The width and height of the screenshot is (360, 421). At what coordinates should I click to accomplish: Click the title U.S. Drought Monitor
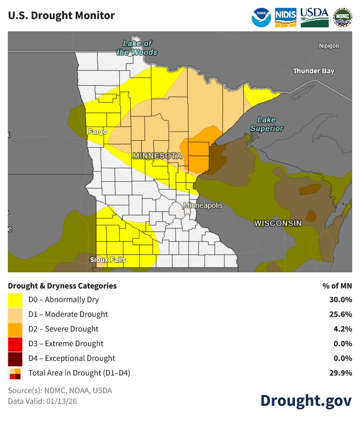pos(62,16)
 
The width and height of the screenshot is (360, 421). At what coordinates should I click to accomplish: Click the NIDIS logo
pos(286,16)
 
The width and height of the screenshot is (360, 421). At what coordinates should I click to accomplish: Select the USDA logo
pos(314,16)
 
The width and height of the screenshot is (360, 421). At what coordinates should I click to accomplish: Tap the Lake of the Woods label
pos(137,48)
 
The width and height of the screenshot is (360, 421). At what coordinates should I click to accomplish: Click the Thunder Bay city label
pos(313,71)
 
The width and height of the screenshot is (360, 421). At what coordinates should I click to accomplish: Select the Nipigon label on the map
pos(329,46)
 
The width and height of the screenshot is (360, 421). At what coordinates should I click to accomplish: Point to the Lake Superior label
pos(267,124)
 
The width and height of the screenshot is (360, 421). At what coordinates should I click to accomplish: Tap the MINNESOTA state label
pos(157,156)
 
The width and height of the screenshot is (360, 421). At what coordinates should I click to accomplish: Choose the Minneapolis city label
pos(203,206)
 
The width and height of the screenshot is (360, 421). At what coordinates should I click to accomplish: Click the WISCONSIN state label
pos(278,223)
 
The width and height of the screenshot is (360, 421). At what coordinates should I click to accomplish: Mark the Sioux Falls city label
pos(108,260)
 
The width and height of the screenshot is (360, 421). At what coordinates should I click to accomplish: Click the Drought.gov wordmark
pos(306,400)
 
